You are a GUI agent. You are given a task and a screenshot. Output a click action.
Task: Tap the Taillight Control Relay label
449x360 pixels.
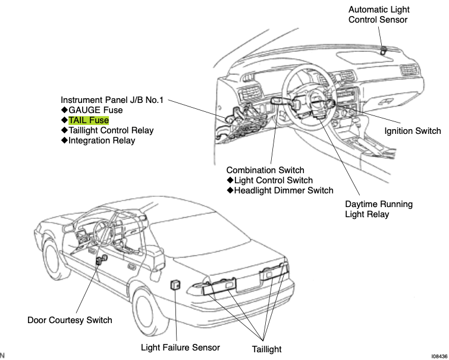pyautogui.click(x=111, y=130)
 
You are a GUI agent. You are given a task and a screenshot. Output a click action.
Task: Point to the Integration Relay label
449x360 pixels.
pyautogui.click(x=102, y=140)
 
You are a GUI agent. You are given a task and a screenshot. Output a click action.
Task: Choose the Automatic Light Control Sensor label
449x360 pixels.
pyautogui.click(x=378, y=15)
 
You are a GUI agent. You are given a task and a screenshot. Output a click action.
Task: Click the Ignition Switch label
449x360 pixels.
pyautogui.click(x=412, y=131)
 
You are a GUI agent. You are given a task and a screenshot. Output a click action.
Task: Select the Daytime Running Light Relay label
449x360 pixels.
pyautogui.click(x=378, y=209)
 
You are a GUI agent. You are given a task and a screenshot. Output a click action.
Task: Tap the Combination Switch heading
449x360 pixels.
pyautogui.click(x=265, y=170)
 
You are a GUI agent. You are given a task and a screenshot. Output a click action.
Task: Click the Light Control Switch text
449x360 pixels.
pyautogui.click(x=273, y=180)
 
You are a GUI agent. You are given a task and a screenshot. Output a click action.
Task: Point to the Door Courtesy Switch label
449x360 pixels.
pyautogui.click(x=70, y=320)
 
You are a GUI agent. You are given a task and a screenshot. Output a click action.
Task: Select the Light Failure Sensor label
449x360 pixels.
pyautogui.click(x=180, y=348)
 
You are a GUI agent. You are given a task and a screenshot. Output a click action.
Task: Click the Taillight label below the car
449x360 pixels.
pyautogui.click(x=263, y=349)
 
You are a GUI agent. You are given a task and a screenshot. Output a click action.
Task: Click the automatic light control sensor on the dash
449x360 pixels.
pyautogui.click(x=383, y=50)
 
